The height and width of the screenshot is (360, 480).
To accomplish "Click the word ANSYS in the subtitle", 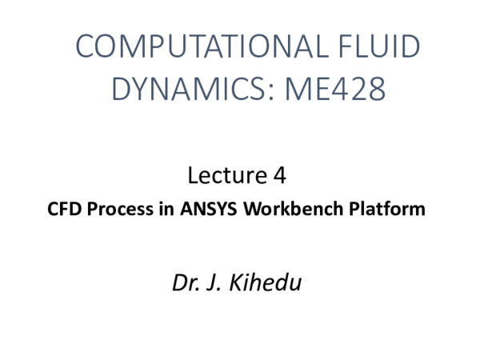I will click(x=211, y=210).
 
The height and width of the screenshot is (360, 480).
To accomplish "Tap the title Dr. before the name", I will click(x=186, y=282).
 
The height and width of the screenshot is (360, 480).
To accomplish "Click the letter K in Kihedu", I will click(x=239, y=282).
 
